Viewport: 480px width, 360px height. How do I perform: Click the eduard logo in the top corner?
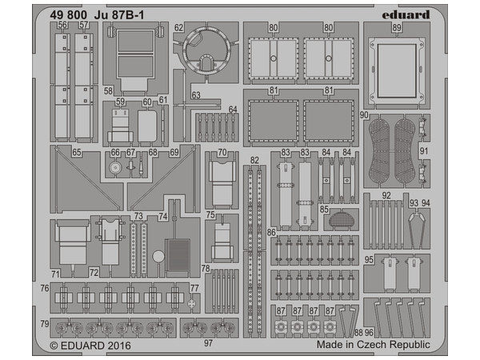click(x=406, y=14)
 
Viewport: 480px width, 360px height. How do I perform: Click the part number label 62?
click(x=178, y=27)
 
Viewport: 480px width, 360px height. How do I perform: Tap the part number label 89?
click(x=397, y=27)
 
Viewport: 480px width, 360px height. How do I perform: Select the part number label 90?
click(x=364, y=115)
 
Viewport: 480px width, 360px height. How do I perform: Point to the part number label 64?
click(x=233, y=110)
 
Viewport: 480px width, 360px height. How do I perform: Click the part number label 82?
click(x=254, y=160)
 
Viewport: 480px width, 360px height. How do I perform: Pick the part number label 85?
click(x=324, y=210)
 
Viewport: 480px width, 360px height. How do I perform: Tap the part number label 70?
click(x=222, y=152)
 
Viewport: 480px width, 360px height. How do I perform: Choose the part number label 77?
click(x=194, y=288)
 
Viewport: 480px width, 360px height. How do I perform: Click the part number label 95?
click(x=369, y=259)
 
